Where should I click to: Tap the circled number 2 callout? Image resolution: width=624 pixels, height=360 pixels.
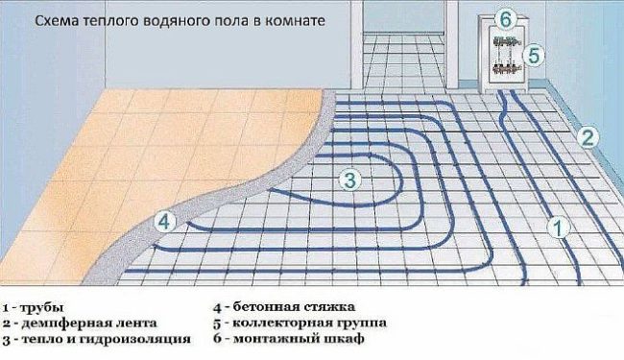[586, 136]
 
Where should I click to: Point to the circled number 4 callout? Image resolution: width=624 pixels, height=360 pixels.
[166, 222]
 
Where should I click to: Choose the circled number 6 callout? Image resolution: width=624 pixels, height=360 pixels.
[508, 16]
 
